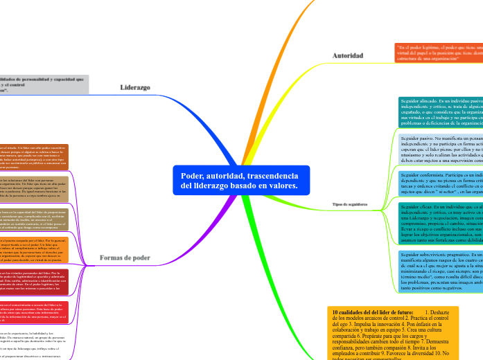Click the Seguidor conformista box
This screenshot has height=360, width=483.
441,183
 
